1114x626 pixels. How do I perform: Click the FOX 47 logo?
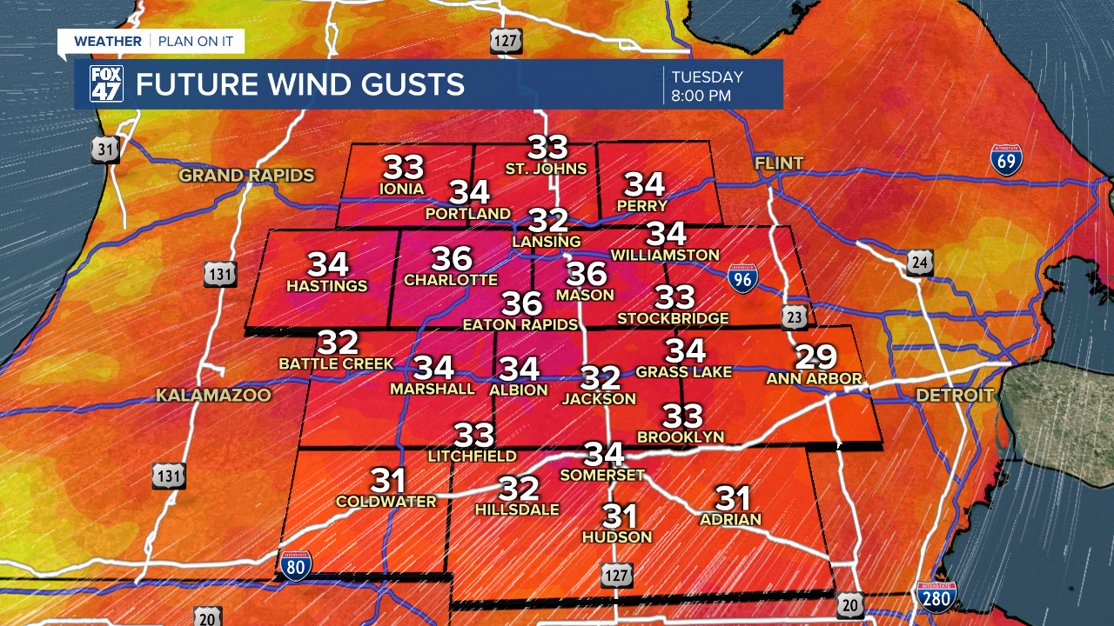pyautogui.click(x=107, y=84)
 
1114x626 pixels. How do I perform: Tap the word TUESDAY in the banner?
pyautogui.click(x=707, y=77)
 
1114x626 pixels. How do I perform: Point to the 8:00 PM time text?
pyautogui.click(x=701, y=96)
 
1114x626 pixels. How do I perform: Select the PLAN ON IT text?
pyautogui.click(x=197, y=41)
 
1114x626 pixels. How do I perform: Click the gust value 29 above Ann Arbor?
pyautogui.click(x=815, y=356)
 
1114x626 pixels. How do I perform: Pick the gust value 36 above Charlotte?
pyautogui.click(x=452, y=258)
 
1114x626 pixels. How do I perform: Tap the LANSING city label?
pyautogui.click(x=547, y=241)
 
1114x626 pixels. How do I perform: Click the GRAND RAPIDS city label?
pyautogui.click(x=246, y=176)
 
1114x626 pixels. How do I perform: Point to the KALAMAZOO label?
pyautogui.click(x=214, y=396)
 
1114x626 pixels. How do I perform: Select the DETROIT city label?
pyautogui.click(x=955, y=396)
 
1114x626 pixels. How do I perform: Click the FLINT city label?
pyautogui.click(x=779, y=163)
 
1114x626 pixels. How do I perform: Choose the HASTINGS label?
pyautogui.click(x=327, y=286)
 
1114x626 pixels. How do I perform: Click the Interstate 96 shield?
pyautogui.click(x=742, y=277)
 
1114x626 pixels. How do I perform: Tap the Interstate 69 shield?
pyautogui.click(x=1006, y=161)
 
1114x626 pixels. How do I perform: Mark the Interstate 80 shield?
pyautogui.click(x=297, y=566)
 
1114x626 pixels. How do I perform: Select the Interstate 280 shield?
pyautogui.click(x=936, y=598)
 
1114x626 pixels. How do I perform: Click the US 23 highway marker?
pyautogui.click(x=793, y=318)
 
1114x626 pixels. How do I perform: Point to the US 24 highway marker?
pyautogui.click(x=919, y=262)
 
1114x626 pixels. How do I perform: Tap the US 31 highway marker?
pyautogui.click(x=105, y=150)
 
